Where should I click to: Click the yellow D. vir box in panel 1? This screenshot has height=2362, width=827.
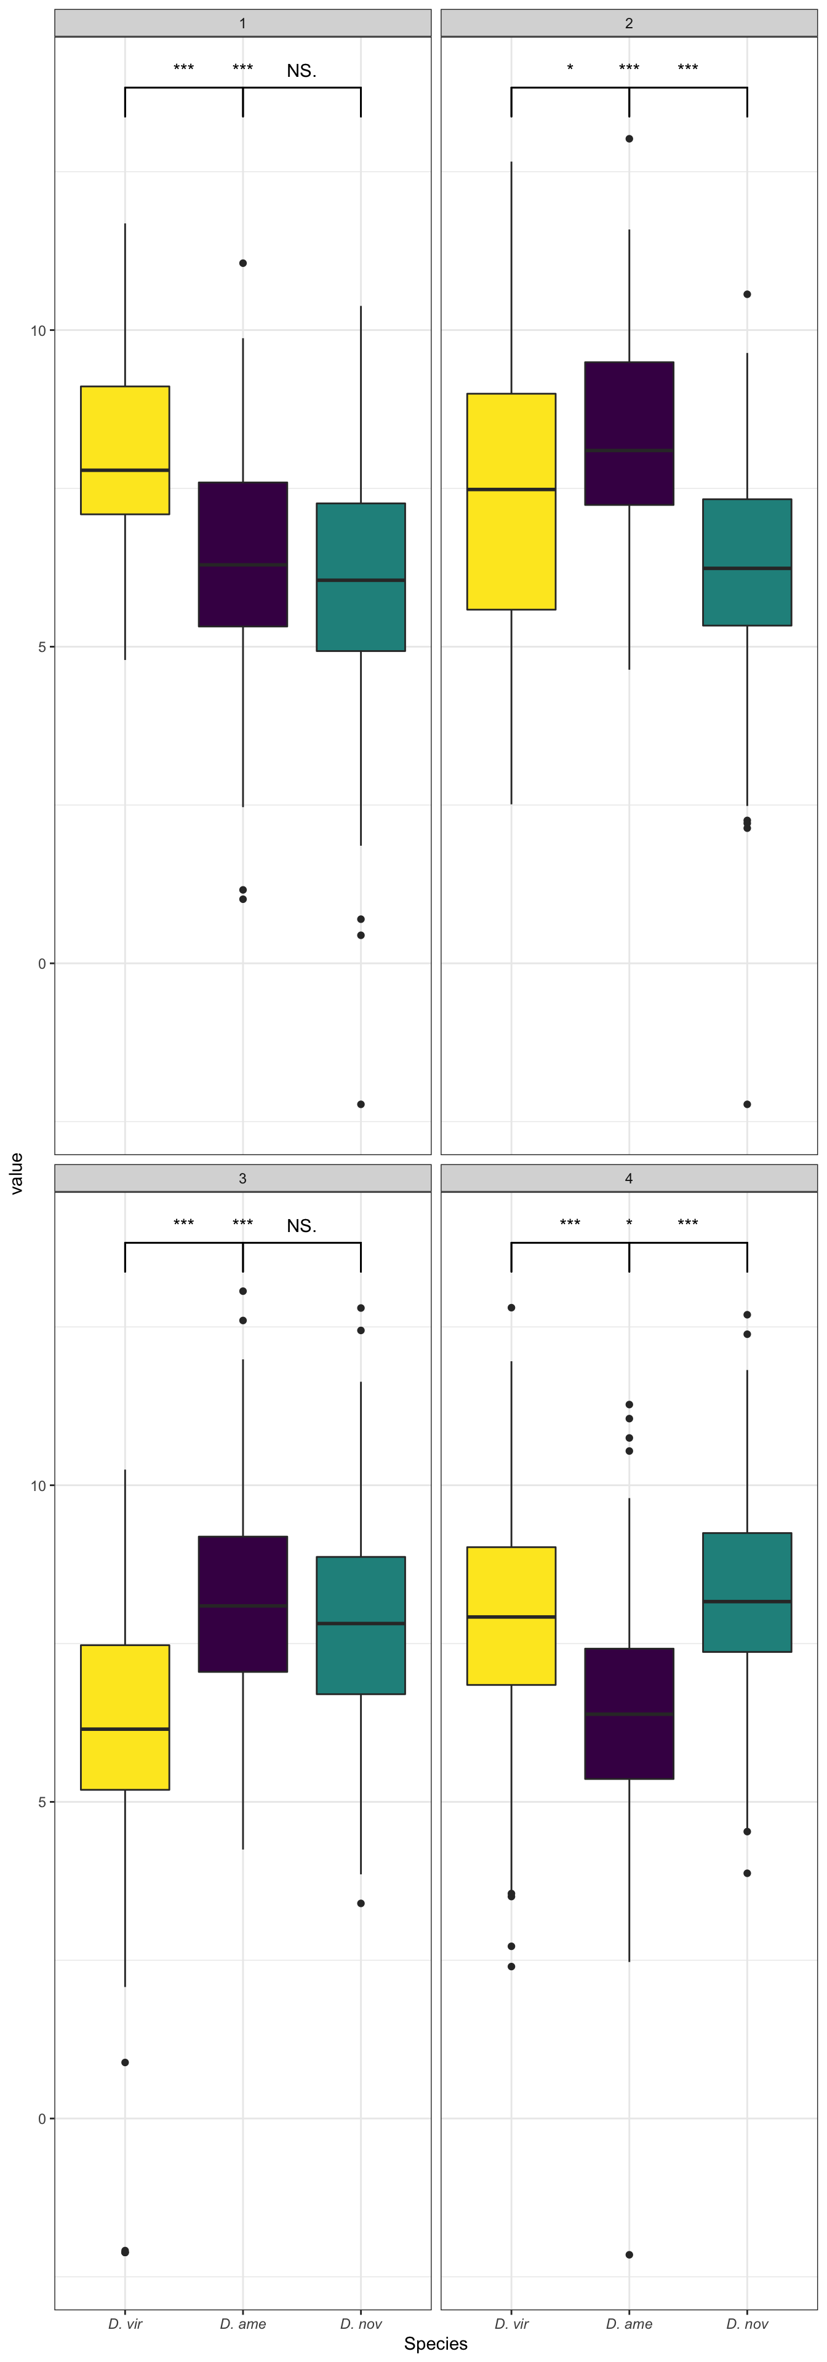(x=125, y=449)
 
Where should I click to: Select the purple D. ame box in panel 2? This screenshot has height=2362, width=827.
(x=629, y=433)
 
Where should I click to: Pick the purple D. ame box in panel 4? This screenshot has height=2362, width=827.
(x=629, y=1713)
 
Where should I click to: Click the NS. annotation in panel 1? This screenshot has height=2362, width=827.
(x=302, y=71)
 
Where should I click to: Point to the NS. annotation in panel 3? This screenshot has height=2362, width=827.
(x=302, y=1226)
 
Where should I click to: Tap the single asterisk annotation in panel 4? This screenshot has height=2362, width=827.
(x=629, y=1224)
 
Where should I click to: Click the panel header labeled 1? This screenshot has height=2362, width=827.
(x=243, y=23)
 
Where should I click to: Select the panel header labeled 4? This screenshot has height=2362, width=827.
(x=629, y=1179)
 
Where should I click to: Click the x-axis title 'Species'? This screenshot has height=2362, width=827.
(x=436, y=2344)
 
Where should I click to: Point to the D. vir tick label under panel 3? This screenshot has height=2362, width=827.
(x=125, y=2323)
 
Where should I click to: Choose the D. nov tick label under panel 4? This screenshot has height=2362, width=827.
(x=747, y=2323)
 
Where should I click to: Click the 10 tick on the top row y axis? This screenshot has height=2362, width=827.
(x=39, y=330)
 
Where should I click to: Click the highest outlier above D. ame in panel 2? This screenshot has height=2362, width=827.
(x=629, y=140)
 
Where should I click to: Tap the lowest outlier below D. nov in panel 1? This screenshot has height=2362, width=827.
(x=361, y=1104)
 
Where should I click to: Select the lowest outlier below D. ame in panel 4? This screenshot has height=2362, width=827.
(x=629, y=2255)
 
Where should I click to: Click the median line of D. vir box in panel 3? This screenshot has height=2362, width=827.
(x=125, y=1728)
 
